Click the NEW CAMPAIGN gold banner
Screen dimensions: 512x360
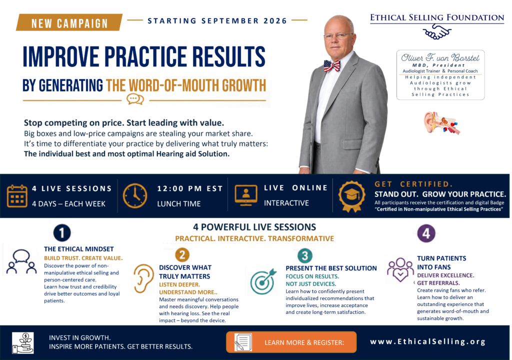(x=69, y=22)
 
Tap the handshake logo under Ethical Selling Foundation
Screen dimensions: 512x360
(x=437, y=32)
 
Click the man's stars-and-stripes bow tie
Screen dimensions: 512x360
(x=332, y=66)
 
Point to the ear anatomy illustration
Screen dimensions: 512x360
(x=441, y=122)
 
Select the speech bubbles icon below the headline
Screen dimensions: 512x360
(x=135, y=99)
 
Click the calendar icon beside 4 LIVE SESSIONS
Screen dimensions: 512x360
(x=17, y=196)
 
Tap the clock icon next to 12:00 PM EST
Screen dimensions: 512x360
(x=135, y=196)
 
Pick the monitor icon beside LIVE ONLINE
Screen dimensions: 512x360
(x=246, y=195)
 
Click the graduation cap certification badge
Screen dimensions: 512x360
(x=351, y=196)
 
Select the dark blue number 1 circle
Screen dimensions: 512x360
(x=61, y=233)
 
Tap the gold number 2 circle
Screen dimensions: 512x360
(x=182, y=255)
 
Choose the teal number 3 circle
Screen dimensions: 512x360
(x=304, y=255)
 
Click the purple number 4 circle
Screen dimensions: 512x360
(x=426, y=233)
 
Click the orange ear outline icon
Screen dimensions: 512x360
(x=143, y=278)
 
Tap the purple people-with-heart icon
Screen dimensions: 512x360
(x=400, y=270)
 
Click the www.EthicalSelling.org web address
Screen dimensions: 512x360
(x=428, y=341)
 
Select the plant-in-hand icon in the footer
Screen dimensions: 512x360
(x=23, y=342)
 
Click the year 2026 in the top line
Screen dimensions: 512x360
(x=275, y=21)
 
